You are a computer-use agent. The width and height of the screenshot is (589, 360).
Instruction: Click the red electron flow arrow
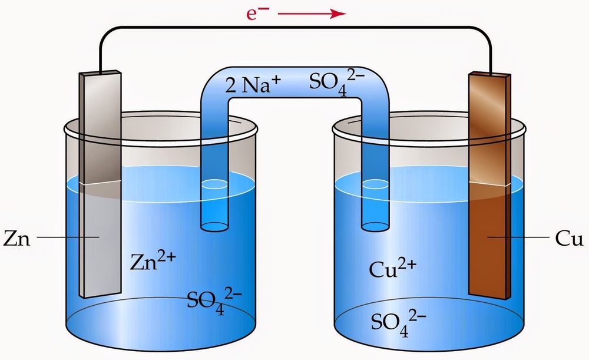click(x=312, y=14)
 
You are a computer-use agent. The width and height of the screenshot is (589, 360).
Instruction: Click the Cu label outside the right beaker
click(x=569, y=238)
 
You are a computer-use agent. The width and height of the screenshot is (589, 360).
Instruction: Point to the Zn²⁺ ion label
click(x=153, y=261)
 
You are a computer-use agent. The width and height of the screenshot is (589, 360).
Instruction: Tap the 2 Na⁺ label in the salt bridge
click(x=253, y=85)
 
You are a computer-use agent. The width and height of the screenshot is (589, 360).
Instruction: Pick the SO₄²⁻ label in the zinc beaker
click(x=214, y=300)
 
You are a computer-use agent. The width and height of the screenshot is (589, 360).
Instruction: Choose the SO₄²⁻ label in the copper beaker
click(x=399, y=323)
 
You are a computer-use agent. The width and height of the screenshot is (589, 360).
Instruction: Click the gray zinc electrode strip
click(x=100, y=184)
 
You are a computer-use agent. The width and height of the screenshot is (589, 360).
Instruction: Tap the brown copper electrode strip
click(x=489, y=186)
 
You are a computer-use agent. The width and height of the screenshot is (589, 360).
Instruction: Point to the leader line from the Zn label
click(x=68, y=237)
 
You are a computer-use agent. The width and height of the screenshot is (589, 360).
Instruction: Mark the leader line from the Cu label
click(x=518, y=237)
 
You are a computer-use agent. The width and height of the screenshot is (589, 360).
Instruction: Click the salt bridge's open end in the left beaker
click(x=214, y=227)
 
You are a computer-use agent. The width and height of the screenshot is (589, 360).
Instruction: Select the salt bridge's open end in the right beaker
click(x=375, y=227)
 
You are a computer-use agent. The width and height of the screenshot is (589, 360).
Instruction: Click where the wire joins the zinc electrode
click(x=100, y=72)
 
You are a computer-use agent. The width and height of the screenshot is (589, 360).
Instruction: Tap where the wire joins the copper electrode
click(x=491, y=73)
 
